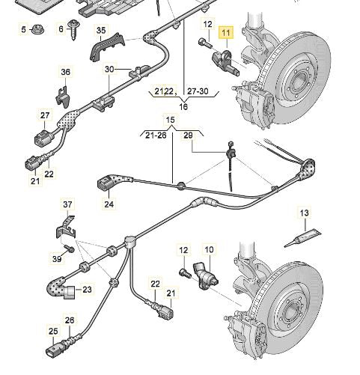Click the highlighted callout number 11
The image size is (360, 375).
point(225,32)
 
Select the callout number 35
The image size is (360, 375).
point(100,31)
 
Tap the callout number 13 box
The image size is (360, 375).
point(305,214)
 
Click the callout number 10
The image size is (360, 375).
point(210,249)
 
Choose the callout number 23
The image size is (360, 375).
point(87,290)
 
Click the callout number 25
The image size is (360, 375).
point(52,332)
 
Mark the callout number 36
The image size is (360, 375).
point(65,73)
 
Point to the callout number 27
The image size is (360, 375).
point(45,115)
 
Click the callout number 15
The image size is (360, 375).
point(170,120)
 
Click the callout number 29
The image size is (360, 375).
point(188,135)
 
